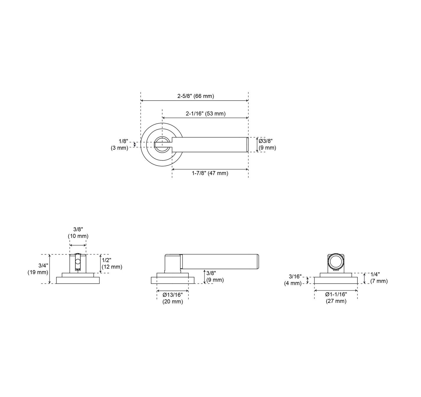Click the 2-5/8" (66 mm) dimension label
[x=196, y=96]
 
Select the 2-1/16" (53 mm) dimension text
[x=206, y=114]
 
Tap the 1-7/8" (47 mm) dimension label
[x=210, y=173]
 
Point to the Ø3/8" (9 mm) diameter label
[x=267, y=144]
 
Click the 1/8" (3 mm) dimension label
[x=119, y=145]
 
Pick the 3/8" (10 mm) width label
[x=78, y=233]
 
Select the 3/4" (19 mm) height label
[x=38, y=269]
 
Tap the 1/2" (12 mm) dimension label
[x=112, y=264]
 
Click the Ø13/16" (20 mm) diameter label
[x=173, y=298]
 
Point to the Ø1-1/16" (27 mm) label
[x=336, y=298]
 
